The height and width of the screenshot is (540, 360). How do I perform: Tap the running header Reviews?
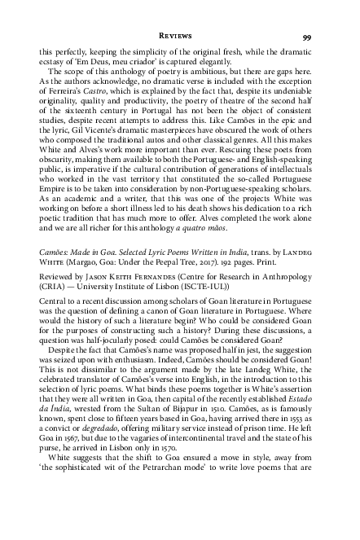pos(179,37)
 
